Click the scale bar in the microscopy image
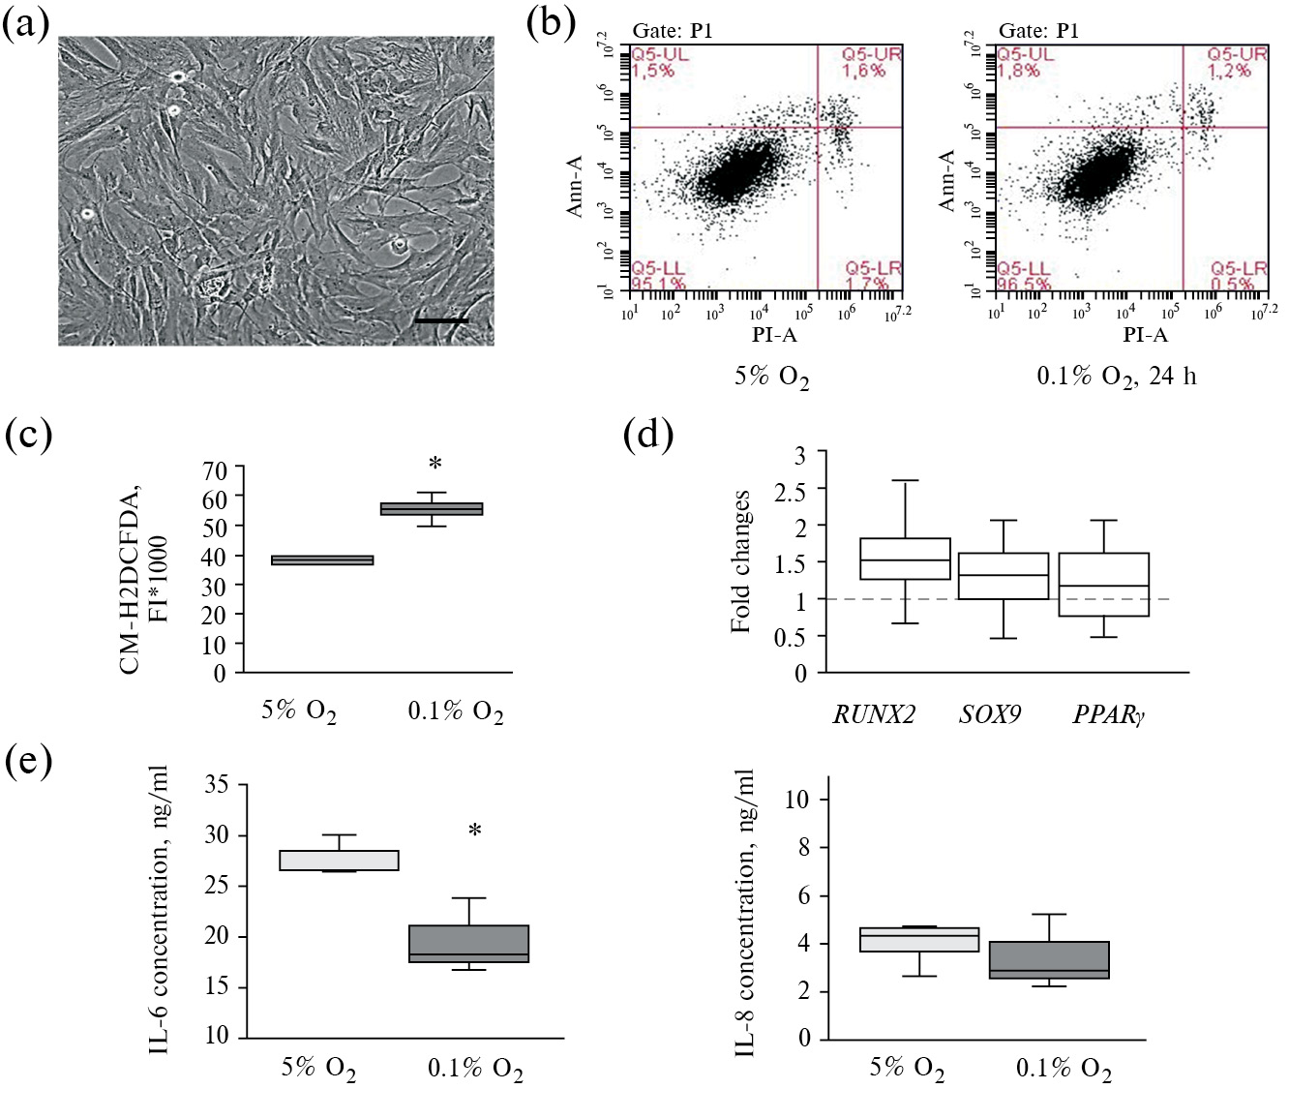pyautogui.click(x=441, y=319)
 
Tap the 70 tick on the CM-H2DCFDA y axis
pyautogui.click(x=215, y=471)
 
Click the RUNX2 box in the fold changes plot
pyautogui.click(x=905, y=559)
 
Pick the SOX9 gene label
pyautogui.click(x=990, y=715)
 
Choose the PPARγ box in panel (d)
pyautogui.click(x=1103, y=585)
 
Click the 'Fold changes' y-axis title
pyautogui.click(x=741, y=561)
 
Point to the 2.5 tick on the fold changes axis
pyautogui.click(x=792, y=491)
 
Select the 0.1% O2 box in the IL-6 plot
pyautogui.click(x=468, y=944)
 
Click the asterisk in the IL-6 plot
pyautogui.click(x=475, y=831)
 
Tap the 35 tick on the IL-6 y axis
pyautogui.click(x=217, y=785)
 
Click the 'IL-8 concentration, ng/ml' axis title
pyautogui.click(x=745, y=913)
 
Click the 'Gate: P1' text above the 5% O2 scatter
pyautogui.click(x=673, y=31)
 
